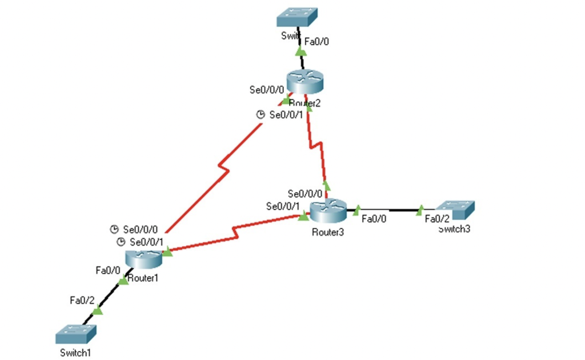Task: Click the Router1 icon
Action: click(x=144, y=259)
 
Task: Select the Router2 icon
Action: click(x=305, y=83)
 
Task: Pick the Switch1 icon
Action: click(x=76, y=333)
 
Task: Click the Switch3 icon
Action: click(x=455, y=210)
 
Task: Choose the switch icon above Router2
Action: click(x=297, y=17)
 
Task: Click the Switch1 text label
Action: click(x=74, y=353)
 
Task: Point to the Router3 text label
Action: click(x=328, y=232)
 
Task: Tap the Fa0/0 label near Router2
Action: click(x=316, y=41)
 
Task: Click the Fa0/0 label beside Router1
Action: click(x=107, y=269)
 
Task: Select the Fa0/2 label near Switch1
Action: click(x=81, y=299)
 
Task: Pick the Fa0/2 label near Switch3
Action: click(x=437, y=218)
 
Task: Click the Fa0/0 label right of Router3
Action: click(x=374, y=218)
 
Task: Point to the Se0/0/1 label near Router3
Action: click(x=283, y=206)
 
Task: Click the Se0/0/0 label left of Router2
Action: click(x=266, y=90)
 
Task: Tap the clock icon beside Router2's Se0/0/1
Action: click(x=261, y=115)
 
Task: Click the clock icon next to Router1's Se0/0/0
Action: click(x=114, y=230)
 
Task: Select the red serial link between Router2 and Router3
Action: click(x=316, y=146)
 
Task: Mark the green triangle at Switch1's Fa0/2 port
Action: click(x=98, y=311)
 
